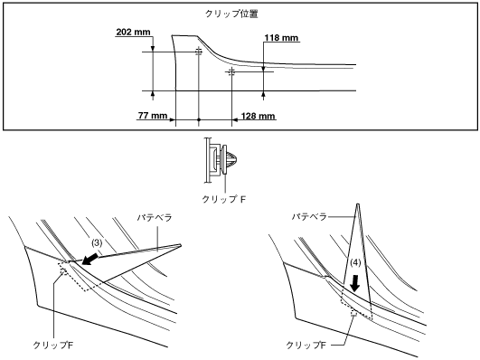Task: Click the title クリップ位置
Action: point(231,14)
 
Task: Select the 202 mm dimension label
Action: point(134,32)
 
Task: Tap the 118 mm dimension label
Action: point(281,38)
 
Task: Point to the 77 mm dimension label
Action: point(153,116)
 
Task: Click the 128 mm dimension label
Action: point(258,116)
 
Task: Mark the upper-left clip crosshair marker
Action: point(199,52)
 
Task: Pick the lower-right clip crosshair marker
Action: point(231,72)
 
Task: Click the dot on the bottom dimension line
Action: point(199,119)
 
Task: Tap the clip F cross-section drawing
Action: point(221,160)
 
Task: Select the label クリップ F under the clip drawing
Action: point(224,199)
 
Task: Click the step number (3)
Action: point(97,243)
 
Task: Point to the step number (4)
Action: point(355,262)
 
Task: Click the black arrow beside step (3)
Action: point(90,260)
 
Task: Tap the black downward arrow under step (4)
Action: point(355,283)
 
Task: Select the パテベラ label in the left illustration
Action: point(155,218)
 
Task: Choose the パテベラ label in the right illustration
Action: point(309,217)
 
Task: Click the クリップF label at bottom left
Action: point(53,346)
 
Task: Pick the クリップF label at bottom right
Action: point(306,346)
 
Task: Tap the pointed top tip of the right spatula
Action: point(358,204)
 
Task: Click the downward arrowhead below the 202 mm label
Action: point(153,49)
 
